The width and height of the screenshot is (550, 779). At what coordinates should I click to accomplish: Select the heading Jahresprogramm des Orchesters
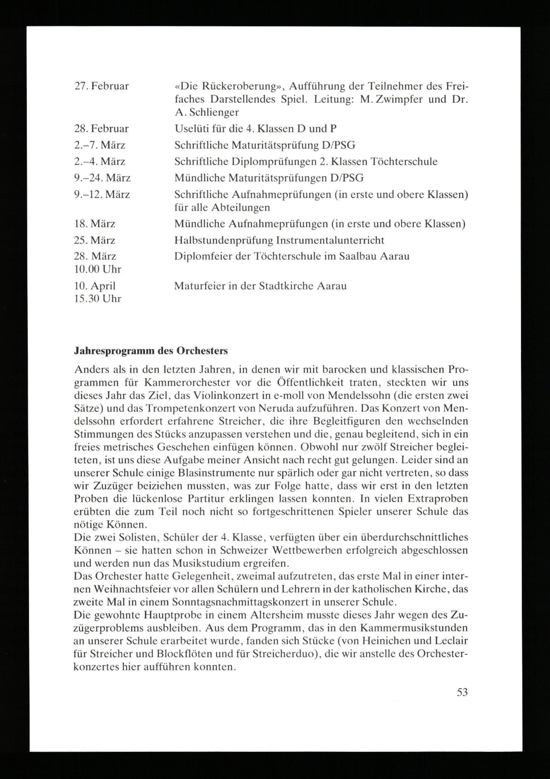tap(151, 351)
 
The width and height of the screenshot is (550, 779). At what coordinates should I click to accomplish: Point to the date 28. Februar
tap(101, 129)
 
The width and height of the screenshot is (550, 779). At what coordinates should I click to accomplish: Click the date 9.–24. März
tap(102, 178)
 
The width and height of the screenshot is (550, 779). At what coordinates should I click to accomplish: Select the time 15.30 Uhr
tap(97, 299)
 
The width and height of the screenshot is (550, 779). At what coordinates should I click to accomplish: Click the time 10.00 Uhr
tap(97, 269)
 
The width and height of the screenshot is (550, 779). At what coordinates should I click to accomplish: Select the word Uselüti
tap(190, 129)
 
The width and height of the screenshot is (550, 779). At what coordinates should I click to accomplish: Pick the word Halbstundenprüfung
tap(224, 240)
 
